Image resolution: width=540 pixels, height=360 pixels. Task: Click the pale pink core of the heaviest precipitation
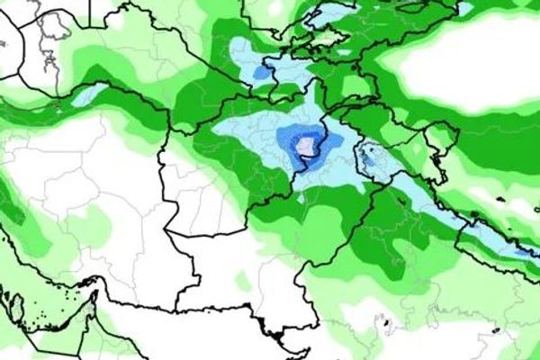pyautogui.click(x=309, y=146)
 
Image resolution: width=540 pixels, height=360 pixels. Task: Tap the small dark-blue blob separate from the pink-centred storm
pyautogui.click(x=261, y=72)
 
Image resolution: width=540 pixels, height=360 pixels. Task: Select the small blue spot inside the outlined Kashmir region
pyautogui.click(x=367, y=158)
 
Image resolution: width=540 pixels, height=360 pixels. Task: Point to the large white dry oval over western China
pyautogui.click(x=459, y=67)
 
